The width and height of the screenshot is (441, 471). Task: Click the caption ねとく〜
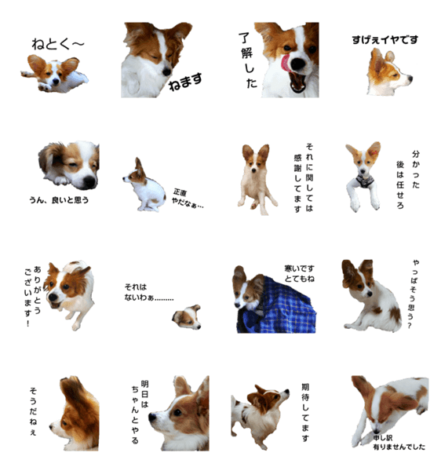tap(57, 44)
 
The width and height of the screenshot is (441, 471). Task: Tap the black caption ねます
tap(185, 82)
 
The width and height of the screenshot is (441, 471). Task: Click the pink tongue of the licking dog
tap(286, 64)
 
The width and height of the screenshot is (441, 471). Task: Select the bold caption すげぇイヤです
tap(385, 40)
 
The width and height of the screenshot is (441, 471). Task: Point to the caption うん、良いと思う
tap(59, 200)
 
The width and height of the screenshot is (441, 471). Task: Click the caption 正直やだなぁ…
tap(188, 199)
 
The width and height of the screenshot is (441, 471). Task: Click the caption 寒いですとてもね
tap(299, 274)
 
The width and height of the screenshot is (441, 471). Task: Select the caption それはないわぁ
tap(149, 292)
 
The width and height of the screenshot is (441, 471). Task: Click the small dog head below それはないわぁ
tap(187, 317)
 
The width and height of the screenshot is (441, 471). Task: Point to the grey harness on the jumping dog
tap(365, 181)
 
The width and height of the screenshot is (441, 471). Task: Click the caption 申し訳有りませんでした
tap(399, 443)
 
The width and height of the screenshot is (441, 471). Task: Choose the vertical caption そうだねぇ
tap(33, 411)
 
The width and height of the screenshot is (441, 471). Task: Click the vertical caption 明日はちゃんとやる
tap(140, 412)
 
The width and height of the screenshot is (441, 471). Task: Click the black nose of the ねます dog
tap(166, 71)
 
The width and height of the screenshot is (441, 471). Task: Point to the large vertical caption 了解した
tap(248, 60)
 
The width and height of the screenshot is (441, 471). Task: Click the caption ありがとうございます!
tap(32, 296)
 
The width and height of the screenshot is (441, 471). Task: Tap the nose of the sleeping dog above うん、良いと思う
tap(89, 181)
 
